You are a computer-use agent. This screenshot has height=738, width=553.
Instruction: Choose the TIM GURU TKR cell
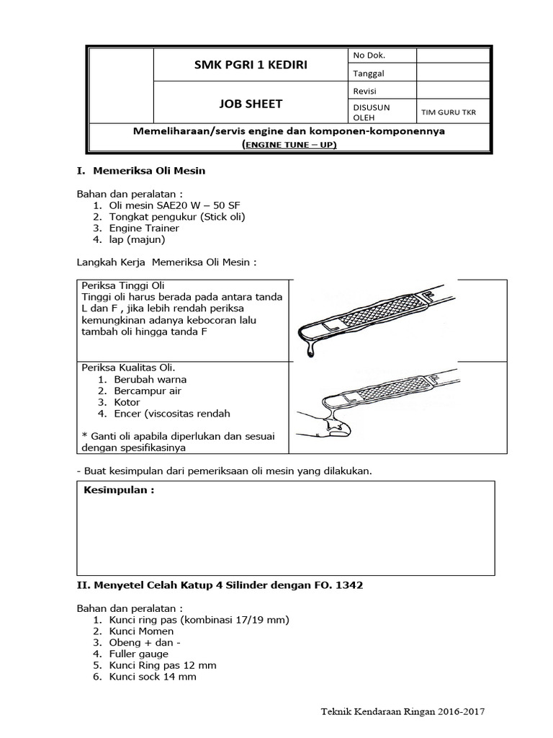(448, 112)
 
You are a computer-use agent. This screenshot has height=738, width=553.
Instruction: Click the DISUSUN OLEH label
(371, 112)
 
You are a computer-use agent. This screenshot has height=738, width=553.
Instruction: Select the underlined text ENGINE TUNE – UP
(289, 144)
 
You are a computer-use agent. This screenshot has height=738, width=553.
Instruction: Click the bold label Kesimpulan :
(120, 491)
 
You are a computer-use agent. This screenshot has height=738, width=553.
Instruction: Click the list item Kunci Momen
(141, 631)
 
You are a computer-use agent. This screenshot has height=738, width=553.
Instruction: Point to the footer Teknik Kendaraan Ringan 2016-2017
(403, 711)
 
